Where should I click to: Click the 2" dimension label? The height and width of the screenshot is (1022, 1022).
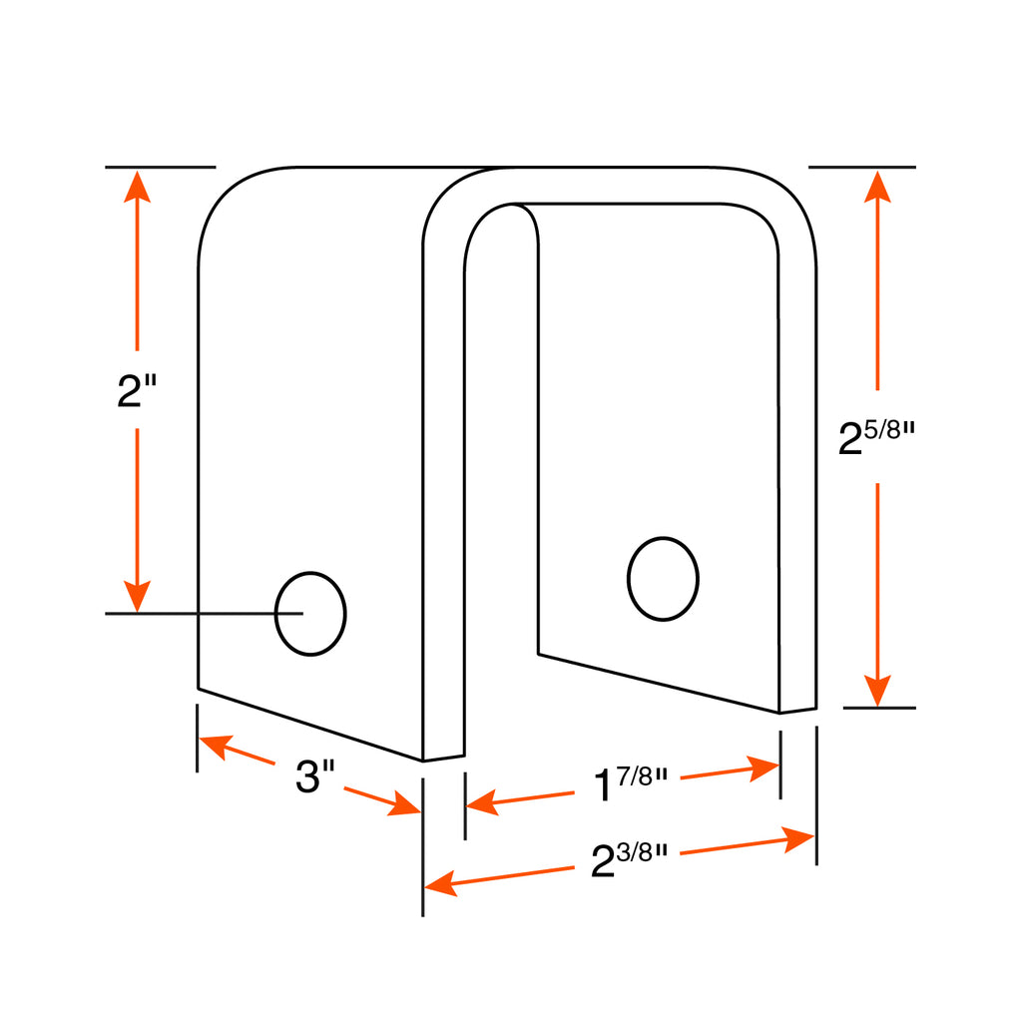[x=137, y=390]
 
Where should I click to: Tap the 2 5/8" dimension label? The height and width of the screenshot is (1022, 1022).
[x=876, y=437]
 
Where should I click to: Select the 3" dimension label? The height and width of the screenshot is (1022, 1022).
[x=314, y=775]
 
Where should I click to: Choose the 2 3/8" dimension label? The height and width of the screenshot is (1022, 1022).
[x=629, y=859]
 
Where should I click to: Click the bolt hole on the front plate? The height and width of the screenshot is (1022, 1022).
[x=310, y=614]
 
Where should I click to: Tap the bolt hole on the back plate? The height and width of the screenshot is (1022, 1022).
[x=663, y=579]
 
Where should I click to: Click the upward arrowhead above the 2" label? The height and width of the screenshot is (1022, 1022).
[x=137, y=187]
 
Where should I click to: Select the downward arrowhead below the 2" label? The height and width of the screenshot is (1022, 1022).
[x=137, y=596]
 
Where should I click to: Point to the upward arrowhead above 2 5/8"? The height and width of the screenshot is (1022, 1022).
[x=877, y=187]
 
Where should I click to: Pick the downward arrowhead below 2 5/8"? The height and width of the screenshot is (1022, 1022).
[x=877, y=691]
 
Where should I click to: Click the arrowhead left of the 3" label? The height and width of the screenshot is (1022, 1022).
[x=217, y=746]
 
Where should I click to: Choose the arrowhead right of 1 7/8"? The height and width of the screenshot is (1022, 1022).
[x=764, y=767]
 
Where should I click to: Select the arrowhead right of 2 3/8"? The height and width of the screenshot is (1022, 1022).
[x=798, y=838]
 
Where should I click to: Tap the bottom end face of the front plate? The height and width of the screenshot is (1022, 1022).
[x=444, y=759]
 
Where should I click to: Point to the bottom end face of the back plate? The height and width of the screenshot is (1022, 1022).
[x=797, y=711]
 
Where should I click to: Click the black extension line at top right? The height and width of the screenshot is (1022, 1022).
[x=861, y=168]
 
